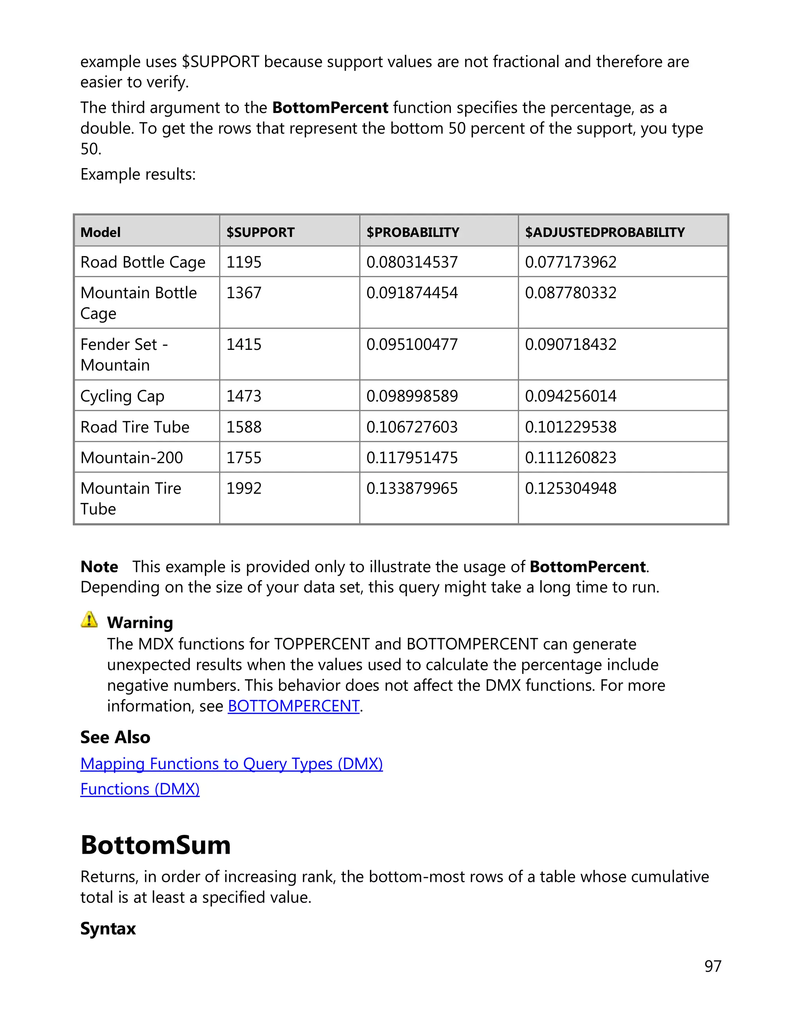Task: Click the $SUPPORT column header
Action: [260, 232]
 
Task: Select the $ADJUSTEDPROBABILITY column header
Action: [605, 232]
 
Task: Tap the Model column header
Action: [101, 232]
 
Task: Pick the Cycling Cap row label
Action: [122, 396]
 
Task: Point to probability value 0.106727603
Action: [412, 426]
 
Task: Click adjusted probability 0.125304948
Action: [570, 489]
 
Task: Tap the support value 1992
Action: [244, 489]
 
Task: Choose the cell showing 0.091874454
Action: [412, 293]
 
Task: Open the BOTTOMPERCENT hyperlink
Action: [294, 705]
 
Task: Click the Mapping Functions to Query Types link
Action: [231, 764]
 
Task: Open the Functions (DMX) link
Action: [140, 789]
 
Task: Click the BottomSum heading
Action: [156, 845]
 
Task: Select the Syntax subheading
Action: [108, 929]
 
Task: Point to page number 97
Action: [713, 966]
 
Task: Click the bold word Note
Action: [99, 567]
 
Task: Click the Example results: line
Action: [138, 174]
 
